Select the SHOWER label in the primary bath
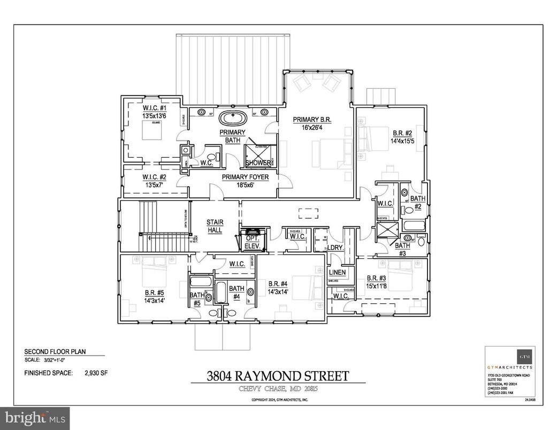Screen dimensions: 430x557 pos(258,163)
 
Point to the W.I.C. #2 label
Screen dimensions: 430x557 pos(155,177)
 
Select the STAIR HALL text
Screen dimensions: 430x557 pos(215,226)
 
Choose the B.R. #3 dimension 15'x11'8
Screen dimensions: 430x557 pos(379,286)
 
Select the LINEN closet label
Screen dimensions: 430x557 pos(337,273)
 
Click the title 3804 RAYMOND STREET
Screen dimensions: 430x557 pos(278,376)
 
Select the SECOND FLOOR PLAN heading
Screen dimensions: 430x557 pos(55,352)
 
